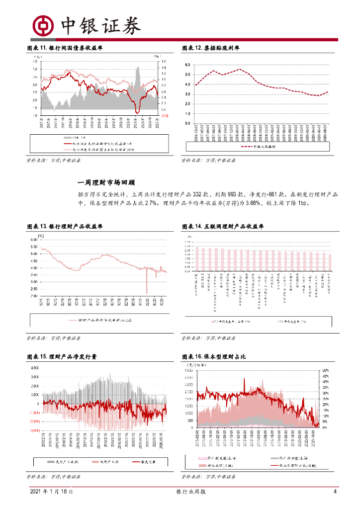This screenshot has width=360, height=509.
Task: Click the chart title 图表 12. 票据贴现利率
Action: pos(211,48)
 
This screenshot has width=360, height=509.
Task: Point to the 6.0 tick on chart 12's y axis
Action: pos(188,65)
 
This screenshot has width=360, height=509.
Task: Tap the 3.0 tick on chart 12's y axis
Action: pos(188,94)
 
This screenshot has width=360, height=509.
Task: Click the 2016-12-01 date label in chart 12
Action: pos(196,133)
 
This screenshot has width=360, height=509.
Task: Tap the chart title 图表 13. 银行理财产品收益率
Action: pos(65,226)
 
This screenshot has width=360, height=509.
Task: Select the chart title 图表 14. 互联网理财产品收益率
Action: pos(223,226)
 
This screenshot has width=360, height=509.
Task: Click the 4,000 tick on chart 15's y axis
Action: pos(34,368)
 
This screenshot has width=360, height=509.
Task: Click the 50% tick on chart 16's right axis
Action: pos(326,370)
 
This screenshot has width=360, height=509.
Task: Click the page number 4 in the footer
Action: pos(335,492)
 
